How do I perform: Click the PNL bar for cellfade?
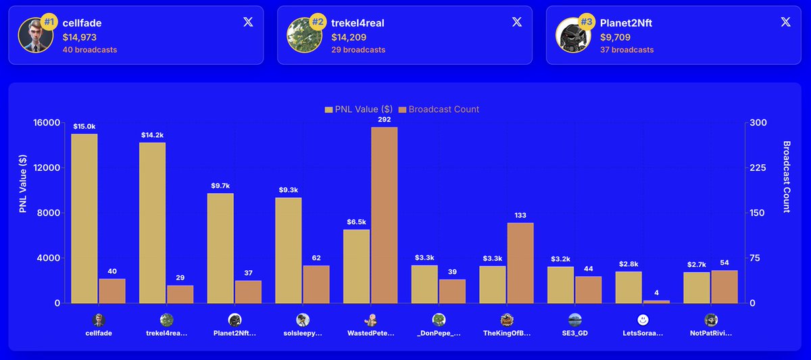[84, 218]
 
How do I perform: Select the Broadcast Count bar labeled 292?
[385, 215]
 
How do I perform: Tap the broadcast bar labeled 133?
[520, 263]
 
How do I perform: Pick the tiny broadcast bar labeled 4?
[656, 301]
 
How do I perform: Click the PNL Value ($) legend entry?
[358, 109]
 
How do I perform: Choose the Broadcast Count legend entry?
[439, 109]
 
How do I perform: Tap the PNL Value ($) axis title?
[22, 183]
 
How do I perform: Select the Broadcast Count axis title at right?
[787, 176]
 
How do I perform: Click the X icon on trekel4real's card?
[517, 22]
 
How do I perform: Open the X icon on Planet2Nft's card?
[785, 22]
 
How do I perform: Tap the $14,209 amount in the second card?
[349, 37]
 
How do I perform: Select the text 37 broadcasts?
[626, 50]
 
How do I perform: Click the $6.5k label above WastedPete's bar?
[356, 222]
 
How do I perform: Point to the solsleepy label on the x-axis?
[302, 333]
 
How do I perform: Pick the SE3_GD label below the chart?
[574, 333]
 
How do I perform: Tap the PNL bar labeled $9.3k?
[289, 250]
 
